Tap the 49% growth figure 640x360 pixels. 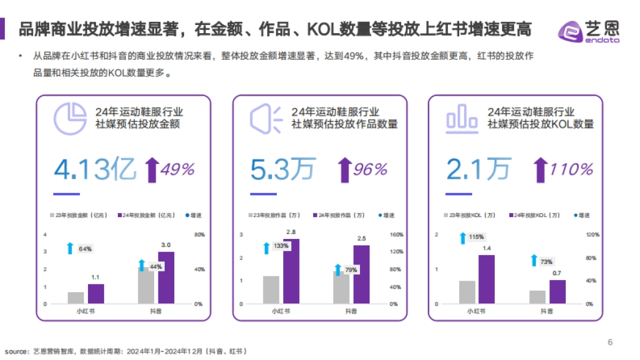pyautogui.click(x=178, y=169)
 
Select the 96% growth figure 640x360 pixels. pyautogui.click(x=370, y=169)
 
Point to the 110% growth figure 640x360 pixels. pyautogui.click(x=571, y=169)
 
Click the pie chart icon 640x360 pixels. pyautogui.click(x=70, y=118)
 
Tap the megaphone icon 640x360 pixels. pyautogui.click(x=266, y=118)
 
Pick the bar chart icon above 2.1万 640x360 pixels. pyautogui.click(x=462, y=118)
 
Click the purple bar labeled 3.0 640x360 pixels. pyautogui.click(x=166, y=277)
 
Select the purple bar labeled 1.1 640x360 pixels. pyautogui.click(x=96, y=293)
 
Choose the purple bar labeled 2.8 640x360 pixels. pyautogui.click(x=291, y=271)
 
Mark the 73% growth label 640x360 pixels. pyautogui.click(x=546, y=261)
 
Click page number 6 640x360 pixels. pyautogui.click(x=610, y=342)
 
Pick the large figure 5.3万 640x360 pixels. pyautogui.click(x=283, y=169)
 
